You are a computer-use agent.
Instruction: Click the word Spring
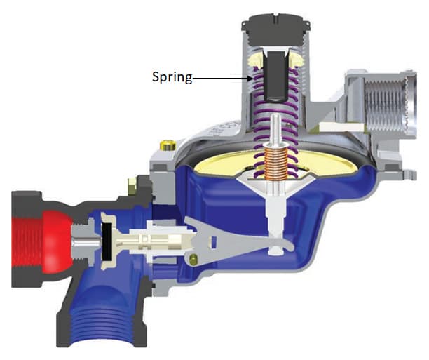click(x=172, y=77)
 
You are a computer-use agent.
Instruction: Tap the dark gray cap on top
click(x=275, y=29)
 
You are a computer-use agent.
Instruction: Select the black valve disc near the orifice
click(x=107, y=241)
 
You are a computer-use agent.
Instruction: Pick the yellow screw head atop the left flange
click(x=168, y=145)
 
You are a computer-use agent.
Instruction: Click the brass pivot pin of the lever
click(x=193, y=259)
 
